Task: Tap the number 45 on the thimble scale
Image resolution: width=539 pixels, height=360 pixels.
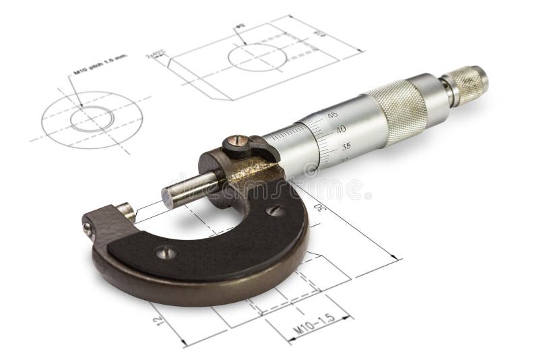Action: click(x=333, y=115)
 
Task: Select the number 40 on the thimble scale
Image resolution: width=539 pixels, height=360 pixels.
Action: click(x=340, y=129)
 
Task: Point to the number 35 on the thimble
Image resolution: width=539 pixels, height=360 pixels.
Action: click(x=346, y=146)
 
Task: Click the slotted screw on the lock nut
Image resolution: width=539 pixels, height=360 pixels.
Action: click(x=234, y=142)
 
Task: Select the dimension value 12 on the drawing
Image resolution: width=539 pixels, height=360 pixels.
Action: click(x=157, y=316)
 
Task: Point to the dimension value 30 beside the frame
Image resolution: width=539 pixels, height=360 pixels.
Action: click(x=324, y=208)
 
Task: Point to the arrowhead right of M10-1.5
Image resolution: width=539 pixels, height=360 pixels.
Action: click(x=348, y=316)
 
